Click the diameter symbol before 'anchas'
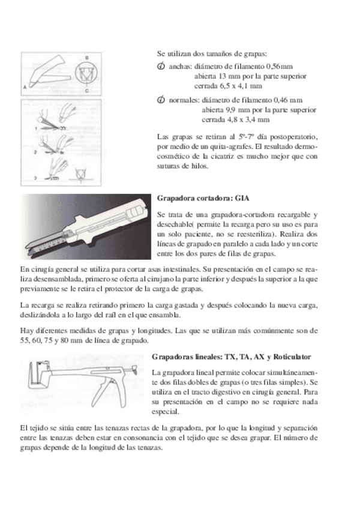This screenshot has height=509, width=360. click(160, 66)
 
